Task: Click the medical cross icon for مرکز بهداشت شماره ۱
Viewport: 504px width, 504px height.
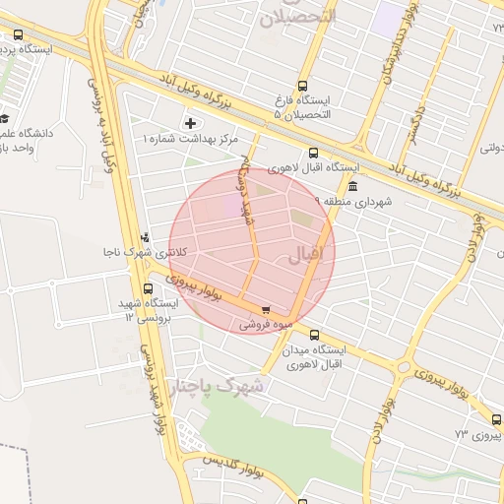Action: click(191, 123)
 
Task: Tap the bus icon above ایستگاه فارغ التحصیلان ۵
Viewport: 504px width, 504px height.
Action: click(302, 86)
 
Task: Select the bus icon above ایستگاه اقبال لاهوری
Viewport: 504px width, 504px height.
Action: click(313, 153)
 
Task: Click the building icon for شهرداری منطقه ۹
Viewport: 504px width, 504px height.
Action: click(352, 186)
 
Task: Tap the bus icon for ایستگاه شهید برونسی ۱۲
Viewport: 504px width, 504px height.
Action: click(148, 289)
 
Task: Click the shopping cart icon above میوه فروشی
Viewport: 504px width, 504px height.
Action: click(266, 309)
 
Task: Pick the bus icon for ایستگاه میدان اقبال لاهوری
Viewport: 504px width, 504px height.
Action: click(314, 335)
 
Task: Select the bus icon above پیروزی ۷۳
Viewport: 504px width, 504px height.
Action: click(495, 419)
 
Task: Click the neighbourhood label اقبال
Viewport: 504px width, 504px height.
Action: click(304, 255)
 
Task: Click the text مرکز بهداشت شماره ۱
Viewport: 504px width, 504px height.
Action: click(191, 139)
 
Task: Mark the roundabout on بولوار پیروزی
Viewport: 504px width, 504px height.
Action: click(403, 368)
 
